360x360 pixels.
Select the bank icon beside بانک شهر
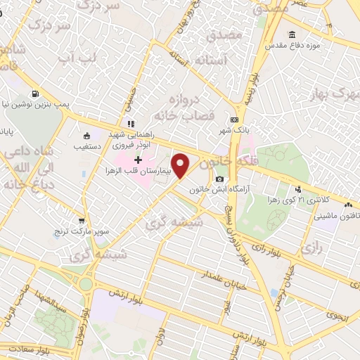[x=234, y=120]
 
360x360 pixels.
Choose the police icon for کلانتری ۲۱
[x=299, y=188]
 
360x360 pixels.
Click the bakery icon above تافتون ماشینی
[x=348, y=205]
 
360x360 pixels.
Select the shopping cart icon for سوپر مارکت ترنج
[x=83, y=220]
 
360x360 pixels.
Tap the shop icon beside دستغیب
[x=86, y=136]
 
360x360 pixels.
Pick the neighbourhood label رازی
[x=310, y=248]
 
